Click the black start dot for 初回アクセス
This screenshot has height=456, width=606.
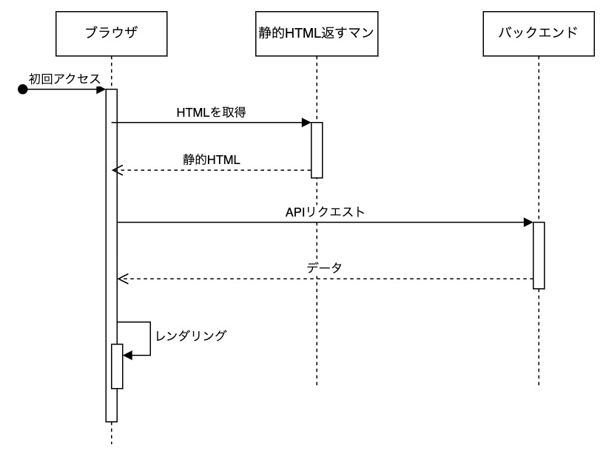pyautogui.click(x=23, y=89)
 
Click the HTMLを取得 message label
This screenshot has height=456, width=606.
pyautogui.click(x=211, y=112)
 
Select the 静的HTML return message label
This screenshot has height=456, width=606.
pyautogui.click(x=212, y=159)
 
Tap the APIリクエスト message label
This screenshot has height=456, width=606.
pyautogui.click(x=325, y=211)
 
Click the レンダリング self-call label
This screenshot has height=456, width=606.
pyautogui.click(x=191, y=335)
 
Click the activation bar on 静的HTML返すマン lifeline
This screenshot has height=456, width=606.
pyautogui.click(x=317, y=150)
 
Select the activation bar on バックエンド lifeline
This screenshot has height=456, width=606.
pyautogui.click(x=539, y=255)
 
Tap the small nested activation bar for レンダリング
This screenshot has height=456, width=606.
pyautogui.click(x=117, y=366)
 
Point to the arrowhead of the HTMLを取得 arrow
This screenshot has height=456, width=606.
pyautogui.click(x=306, y=123)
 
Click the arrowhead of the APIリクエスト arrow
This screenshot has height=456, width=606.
pyautogui.click(x=528, y=222)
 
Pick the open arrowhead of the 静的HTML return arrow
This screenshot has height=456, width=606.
pyautogui.click(x=116, y=170)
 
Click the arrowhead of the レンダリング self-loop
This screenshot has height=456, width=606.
pyautogui.click(x=127, y=355)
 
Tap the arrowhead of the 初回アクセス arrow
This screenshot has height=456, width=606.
pyautogui.click(x=101, y=89)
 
